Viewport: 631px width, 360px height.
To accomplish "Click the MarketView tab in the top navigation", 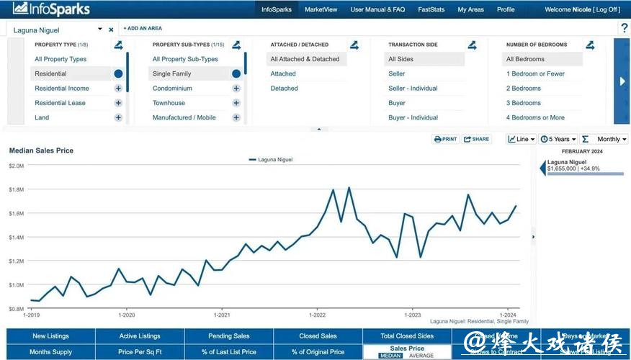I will coord(321,9).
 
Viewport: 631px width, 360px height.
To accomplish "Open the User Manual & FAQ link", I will coord(377,9).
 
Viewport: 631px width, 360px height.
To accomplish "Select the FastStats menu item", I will coord(431,9).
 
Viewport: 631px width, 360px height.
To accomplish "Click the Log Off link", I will coord(606,9).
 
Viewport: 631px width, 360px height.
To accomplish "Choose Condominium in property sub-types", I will coord(172,89).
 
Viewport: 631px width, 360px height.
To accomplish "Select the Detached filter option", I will coord(284,89).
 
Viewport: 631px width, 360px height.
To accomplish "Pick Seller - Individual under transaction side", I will coord(413,89).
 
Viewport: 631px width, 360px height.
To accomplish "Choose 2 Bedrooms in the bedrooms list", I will coord(523,89).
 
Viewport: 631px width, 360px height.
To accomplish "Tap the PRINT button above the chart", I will coord(446,139).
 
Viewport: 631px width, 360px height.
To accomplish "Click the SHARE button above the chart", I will coord(477,139).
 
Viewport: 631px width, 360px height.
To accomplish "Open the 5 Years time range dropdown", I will coord(558,139).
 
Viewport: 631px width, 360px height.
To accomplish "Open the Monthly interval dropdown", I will coord(612,139).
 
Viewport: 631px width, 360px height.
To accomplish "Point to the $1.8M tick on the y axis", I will coord(16,189).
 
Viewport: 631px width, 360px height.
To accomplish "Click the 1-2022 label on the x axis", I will coord(317,315).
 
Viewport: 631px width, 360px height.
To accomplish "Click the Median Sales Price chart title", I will coord(41,150).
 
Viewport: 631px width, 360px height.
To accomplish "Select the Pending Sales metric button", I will coord(229,336).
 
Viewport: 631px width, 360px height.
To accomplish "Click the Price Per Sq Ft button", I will coord(140,352).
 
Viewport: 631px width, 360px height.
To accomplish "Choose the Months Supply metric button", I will coord(51,352).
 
